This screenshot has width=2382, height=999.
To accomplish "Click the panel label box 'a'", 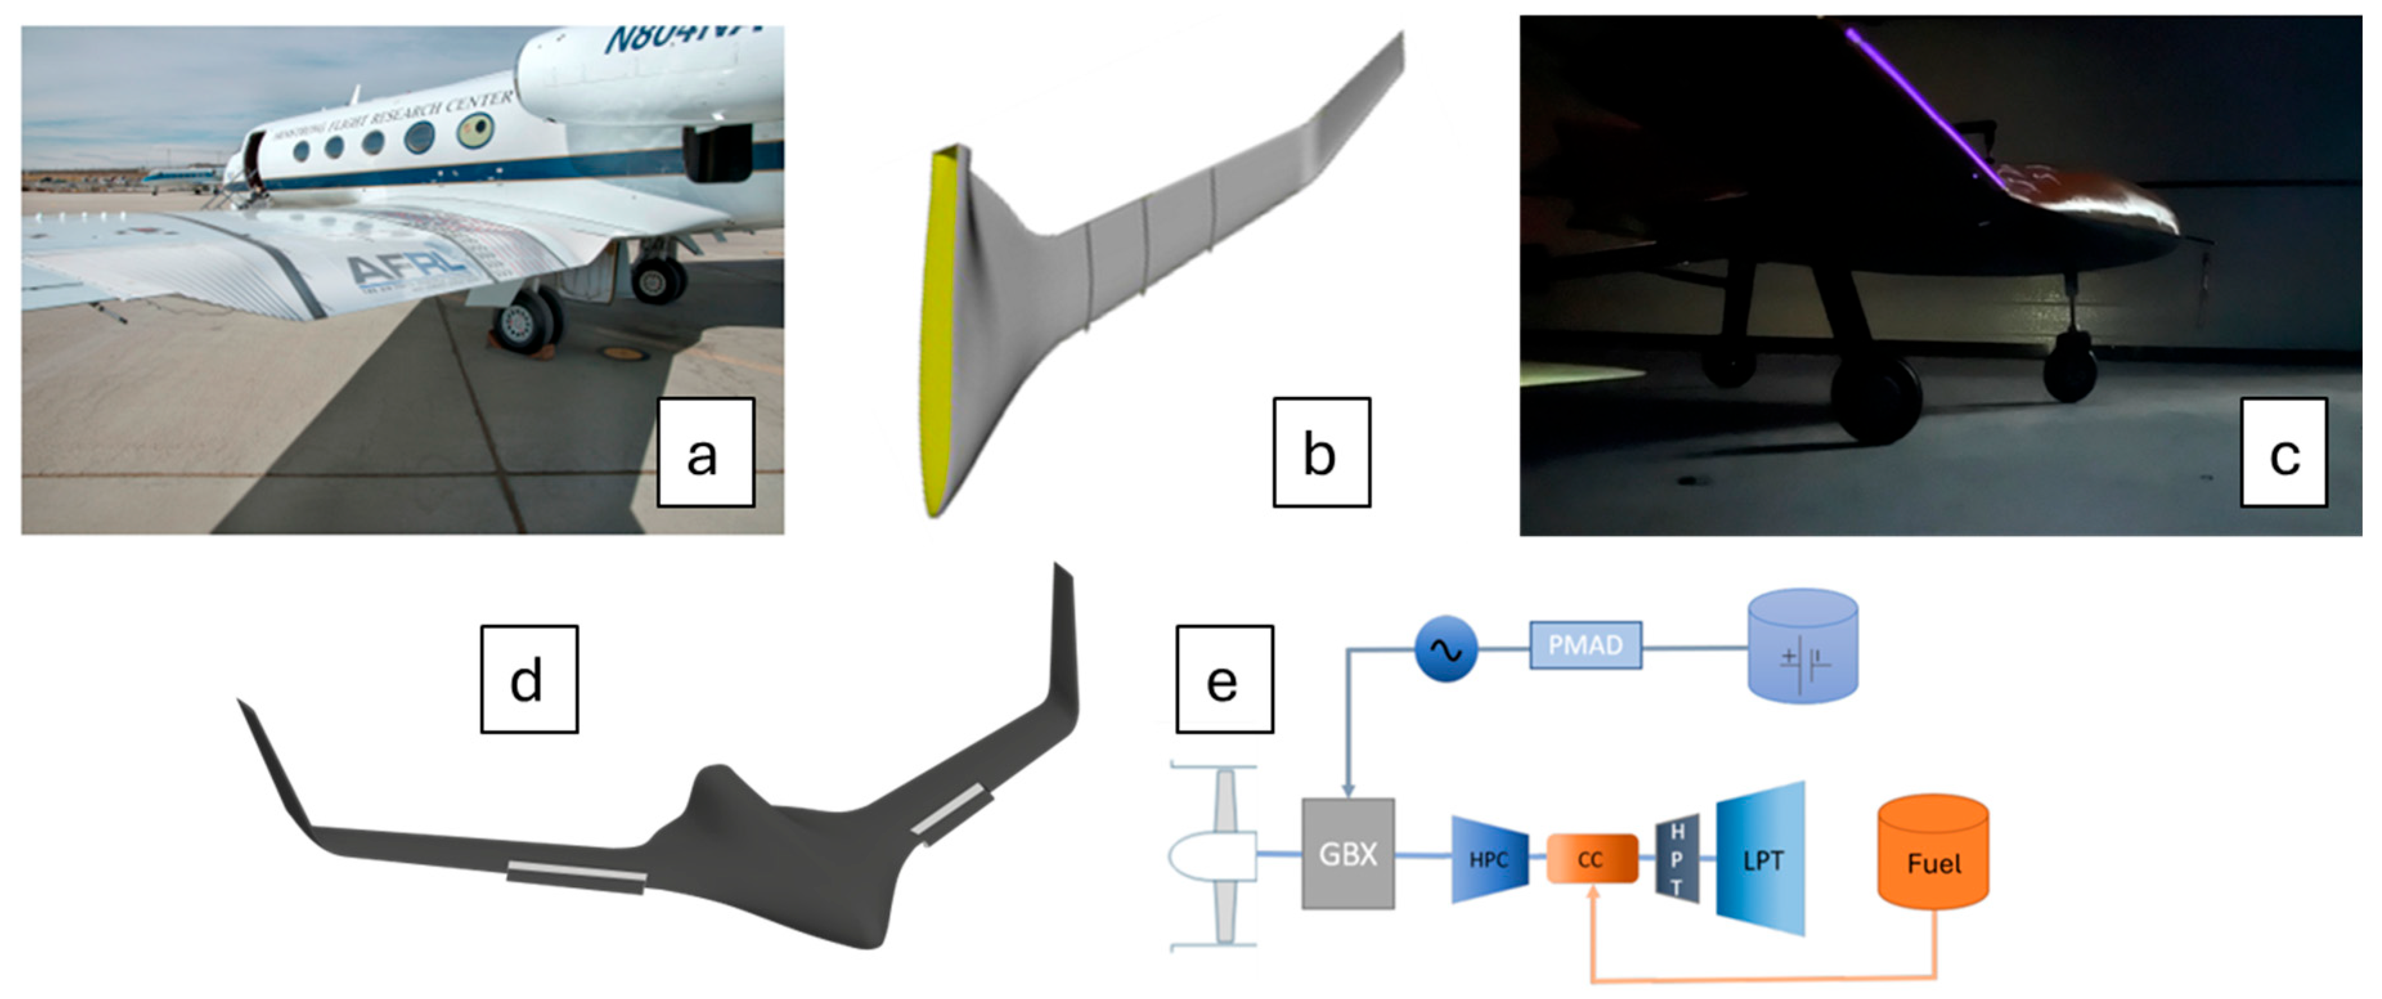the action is coord(705,452).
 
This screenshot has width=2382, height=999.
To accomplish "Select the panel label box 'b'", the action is coord(1320,452).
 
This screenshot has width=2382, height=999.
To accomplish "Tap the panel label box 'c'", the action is coord(2282,452).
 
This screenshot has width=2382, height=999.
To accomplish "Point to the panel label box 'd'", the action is coord(529,679).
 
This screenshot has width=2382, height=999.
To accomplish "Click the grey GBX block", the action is coord(1347,854).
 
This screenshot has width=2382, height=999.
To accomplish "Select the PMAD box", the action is coord(1585,645).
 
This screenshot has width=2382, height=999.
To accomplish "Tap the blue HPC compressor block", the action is coord(1488,859).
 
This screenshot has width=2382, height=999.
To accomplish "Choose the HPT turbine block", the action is coord(1677,859).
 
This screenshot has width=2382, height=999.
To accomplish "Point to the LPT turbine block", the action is coord(1761,859).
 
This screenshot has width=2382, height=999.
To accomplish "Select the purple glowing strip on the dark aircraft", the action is coord(1923,111).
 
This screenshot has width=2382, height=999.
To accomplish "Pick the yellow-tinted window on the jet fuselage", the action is coord(475,129).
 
